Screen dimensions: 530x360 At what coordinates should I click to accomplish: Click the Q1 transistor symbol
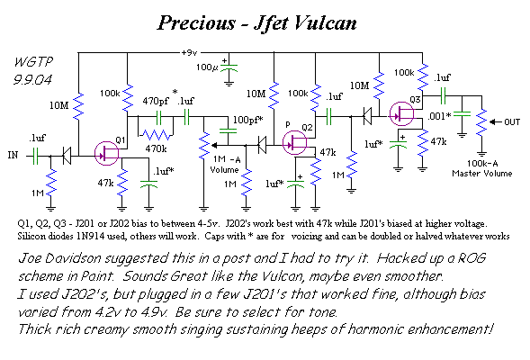[x=107, y=154]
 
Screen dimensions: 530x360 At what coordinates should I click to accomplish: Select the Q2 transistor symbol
[x=294, y=142]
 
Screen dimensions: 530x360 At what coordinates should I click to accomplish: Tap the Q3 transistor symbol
[x=401, y=114]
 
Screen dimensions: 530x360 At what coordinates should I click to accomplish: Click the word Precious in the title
[x=196, y=23]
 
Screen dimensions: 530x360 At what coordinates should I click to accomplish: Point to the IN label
[x=13, y=155]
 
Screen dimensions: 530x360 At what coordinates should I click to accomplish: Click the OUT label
[x=512, y=122]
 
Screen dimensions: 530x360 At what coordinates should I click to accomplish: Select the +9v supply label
[x=189, y=53]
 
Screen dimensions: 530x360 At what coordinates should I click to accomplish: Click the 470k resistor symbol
[x=156, y=135]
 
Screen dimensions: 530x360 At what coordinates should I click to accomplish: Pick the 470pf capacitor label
[x=156, y=101]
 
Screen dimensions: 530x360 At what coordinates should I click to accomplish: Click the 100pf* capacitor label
[x=247, y=120]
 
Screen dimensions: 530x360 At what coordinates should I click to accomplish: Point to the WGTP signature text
[x=34, y=62]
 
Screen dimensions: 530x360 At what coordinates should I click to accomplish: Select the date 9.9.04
[x=32, y=80]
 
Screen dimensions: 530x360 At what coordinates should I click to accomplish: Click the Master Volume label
[x=482, y=174]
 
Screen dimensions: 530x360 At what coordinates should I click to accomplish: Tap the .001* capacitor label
[x=439, y=116]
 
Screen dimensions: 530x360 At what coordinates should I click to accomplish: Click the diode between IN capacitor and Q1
[x=67, y=156]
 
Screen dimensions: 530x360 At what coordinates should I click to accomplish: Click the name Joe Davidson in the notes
[x=59, y=258]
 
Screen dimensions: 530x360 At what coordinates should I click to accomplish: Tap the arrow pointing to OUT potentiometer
[x=495, y=121]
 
